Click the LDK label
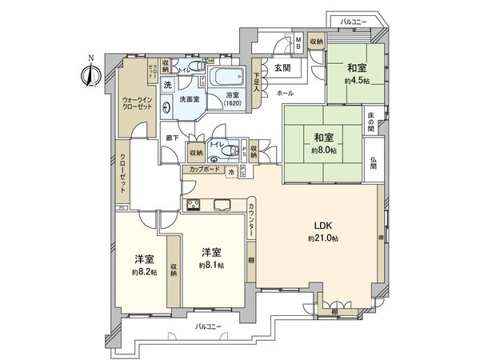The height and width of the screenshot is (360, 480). click(x=322, y=226)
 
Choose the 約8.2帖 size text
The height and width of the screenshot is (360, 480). click(x=144, y=272)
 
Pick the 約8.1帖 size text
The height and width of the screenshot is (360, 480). click(x=212, y=265)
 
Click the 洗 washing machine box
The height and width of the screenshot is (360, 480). click(x=168, y=84)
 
